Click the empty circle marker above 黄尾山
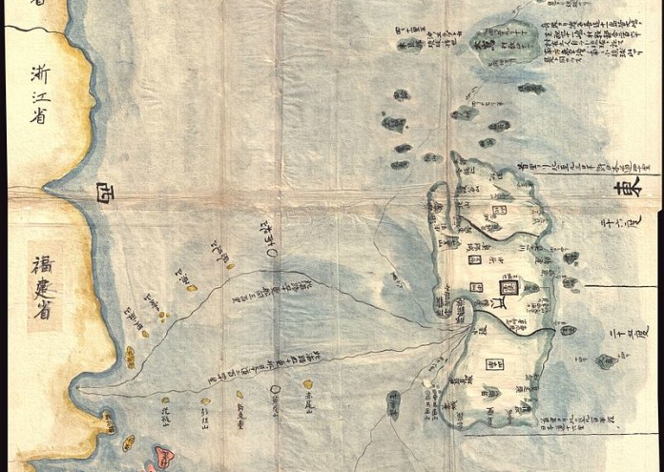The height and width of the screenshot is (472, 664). coord(274,389)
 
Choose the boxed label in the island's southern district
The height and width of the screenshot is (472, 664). coord(492,362)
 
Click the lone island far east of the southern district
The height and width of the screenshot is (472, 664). coord(603,360)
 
